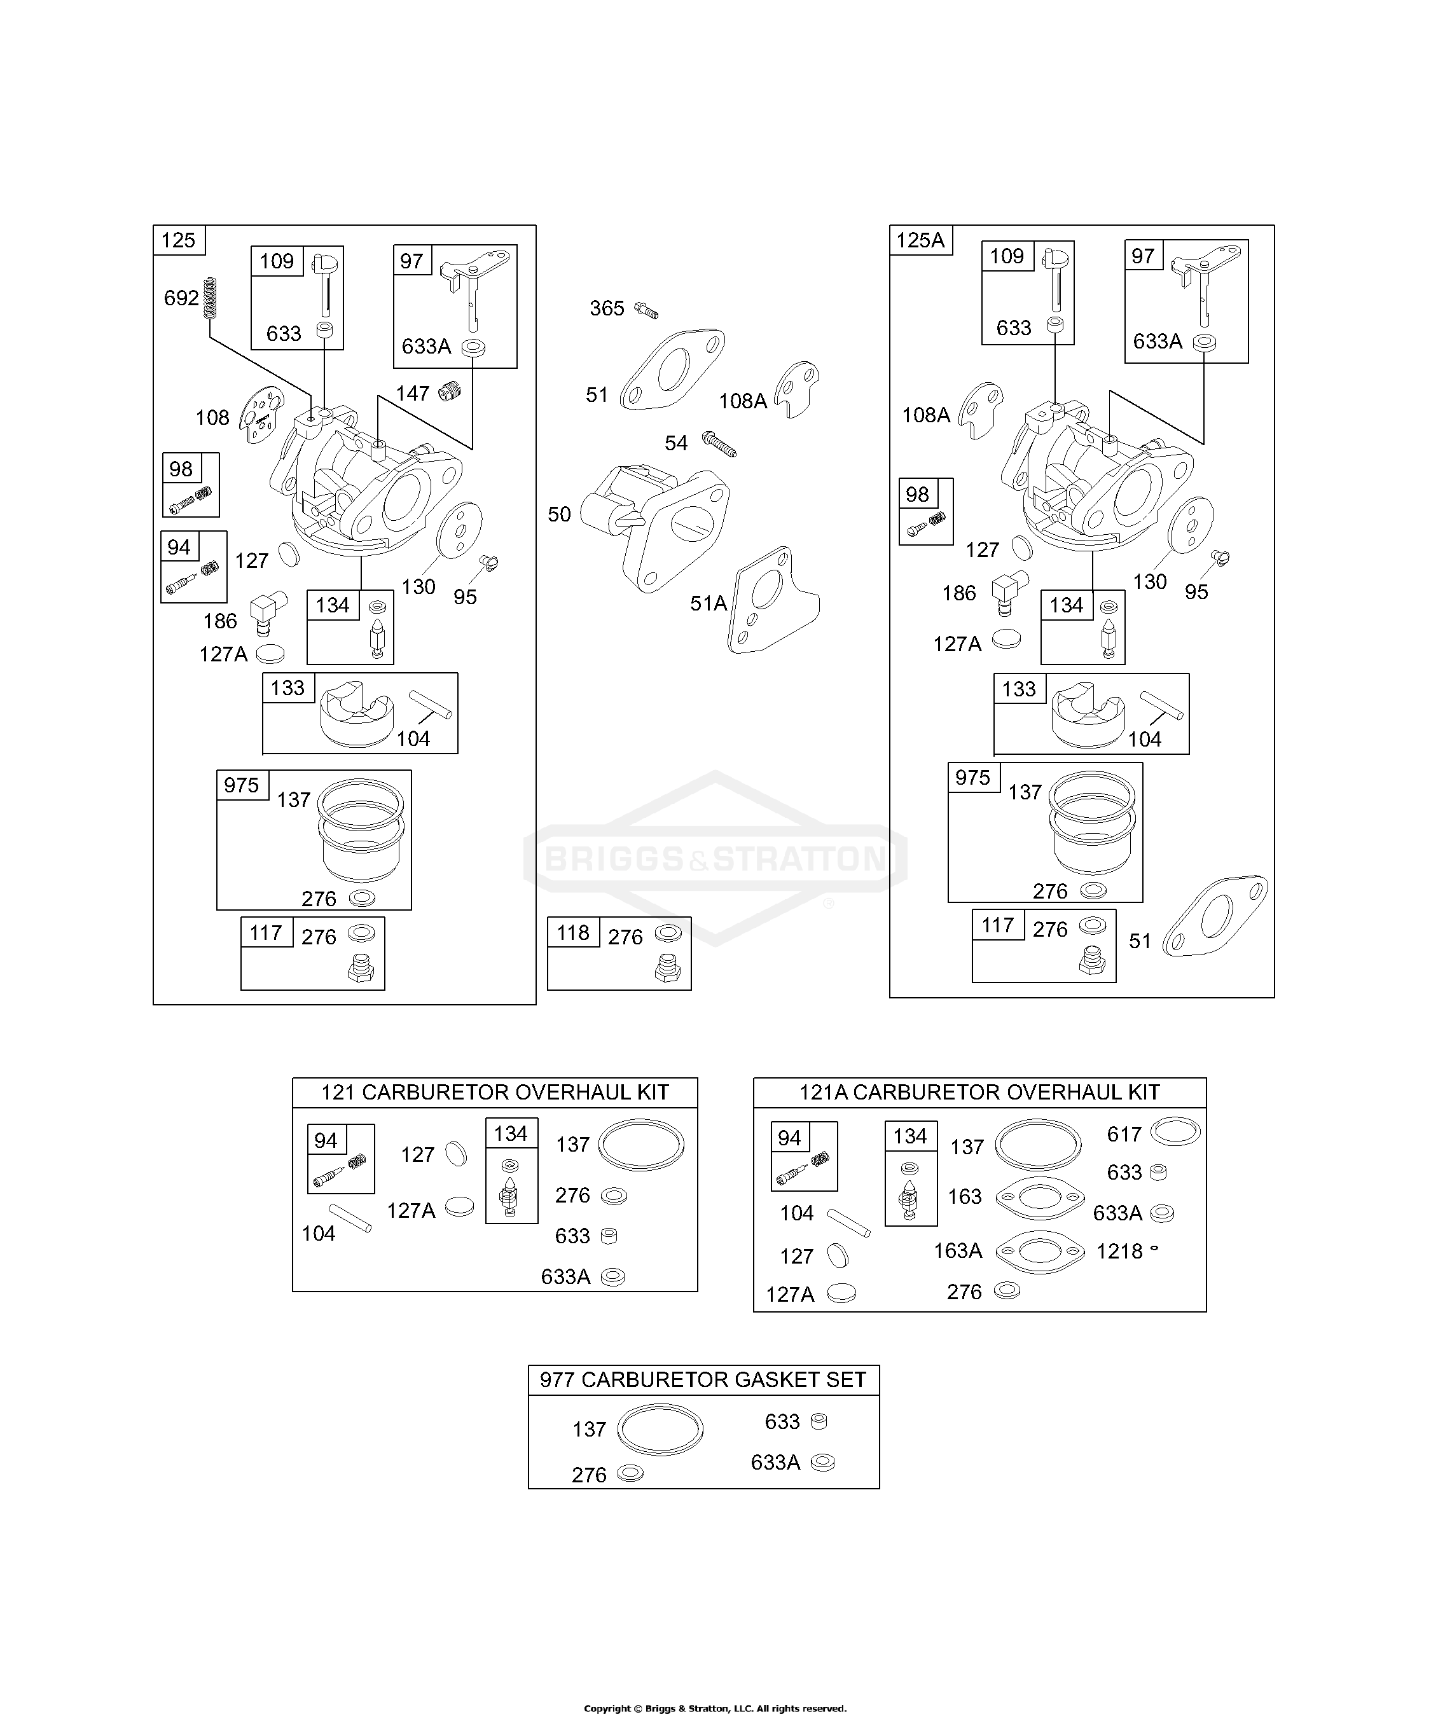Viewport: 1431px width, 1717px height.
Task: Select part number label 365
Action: pyautogui.click(x=607, y=308)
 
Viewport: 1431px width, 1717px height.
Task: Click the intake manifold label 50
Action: pyautogui.click(x=559, y=514)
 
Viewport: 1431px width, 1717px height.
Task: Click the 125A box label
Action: pyautogui.click(x=921, y=240)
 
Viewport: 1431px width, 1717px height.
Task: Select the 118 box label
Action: pyautogui.click(x=572, y=933)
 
